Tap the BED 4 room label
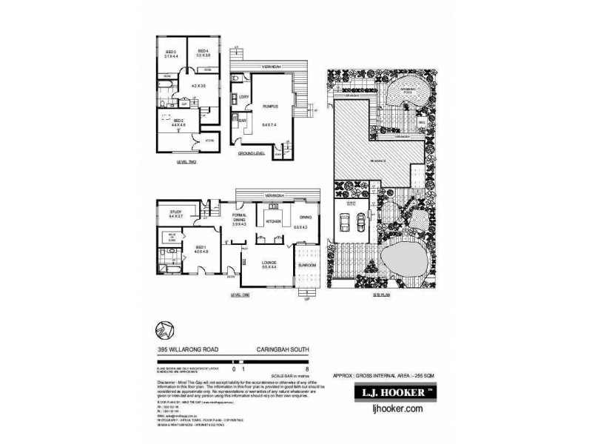[203, 51]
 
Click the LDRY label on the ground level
[243, 97]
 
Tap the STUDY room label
[175, 213]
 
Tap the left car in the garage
[345, 221]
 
